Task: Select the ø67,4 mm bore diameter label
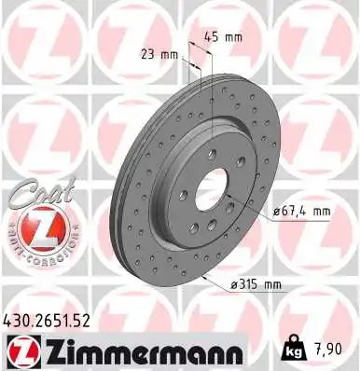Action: (x=301, y=212)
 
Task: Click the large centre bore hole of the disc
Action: (x=210, y=185)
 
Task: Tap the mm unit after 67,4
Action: (x=322, y=212)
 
